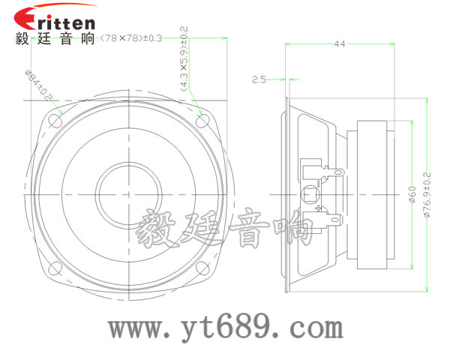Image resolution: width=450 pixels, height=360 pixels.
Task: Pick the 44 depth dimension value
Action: click(x=339, y=45)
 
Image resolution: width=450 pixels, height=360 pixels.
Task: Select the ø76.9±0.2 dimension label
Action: click(x=427, y=194)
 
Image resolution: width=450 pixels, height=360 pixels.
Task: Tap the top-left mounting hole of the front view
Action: click(x=57, y=119)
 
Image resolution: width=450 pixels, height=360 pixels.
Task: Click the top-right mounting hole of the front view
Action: click(x=202, y=119)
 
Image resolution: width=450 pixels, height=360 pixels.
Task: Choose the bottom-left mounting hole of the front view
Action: click(x=57, y=267)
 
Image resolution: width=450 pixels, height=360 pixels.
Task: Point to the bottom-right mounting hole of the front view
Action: click(x=202, y=267)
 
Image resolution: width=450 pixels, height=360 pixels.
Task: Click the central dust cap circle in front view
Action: click(x=129, y=193)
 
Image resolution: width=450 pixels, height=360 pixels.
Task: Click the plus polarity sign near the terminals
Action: click(x=319, y=208)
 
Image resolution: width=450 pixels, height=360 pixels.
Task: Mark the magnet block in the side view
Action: click(x=373, y=193)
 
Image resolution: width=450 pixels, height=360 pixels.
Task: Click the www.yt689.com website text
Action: click(x=225, y=327)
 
